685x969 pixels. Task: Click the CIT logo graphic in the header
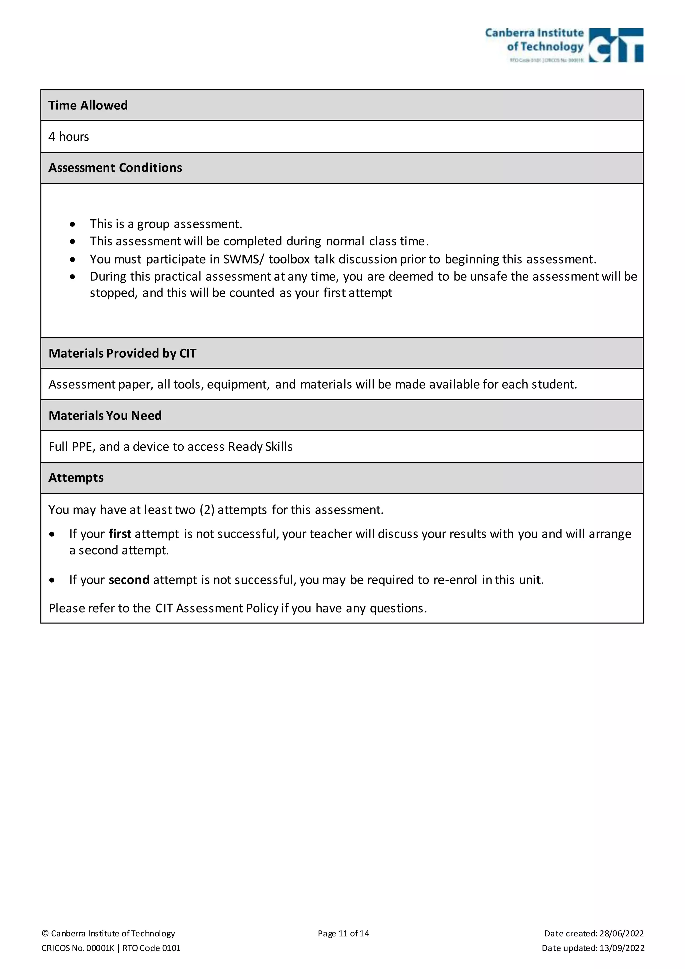click(x=615, y=46)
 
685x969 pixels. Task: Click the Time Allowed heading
click(x=88, y=105)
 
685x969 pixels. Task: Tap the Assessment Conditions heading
click(x=115, y=168)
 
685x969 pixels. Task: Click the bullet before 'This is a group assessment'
click(x=73, y=224)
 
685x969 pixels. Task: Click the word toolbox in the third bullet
click(x=289, y=259)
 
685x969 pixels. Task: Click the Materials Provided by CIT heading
click(x=122, y=353)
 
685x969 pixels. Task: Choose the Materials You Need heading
click(x=105, y=416)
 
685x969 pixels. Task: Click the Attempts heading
click(x=76, y=478)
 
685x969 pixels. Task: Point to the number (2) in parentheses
click(x=207, y=510)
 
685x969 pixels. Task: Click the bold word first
click(x=120, y=534)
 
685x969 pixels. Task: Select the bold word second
click(x=129, y=580)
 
